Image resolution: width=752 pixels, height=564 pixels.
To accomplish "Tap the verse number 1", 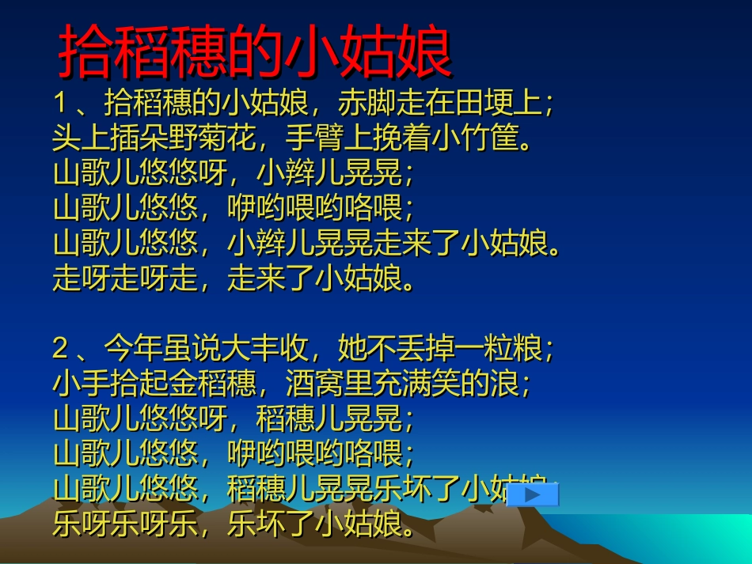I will [61, 104].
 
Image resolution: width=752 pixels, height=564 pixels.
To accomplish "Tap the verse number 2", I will [61, 348].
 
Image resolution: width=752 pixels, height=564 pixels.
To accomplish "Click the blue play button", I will [532, 494].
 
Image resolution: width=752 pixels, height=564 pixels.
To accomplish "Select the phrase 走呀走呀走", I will [126, 278].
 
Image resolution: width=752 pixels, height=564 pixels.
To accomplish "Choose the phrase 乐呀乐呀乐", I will [126, 524].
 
